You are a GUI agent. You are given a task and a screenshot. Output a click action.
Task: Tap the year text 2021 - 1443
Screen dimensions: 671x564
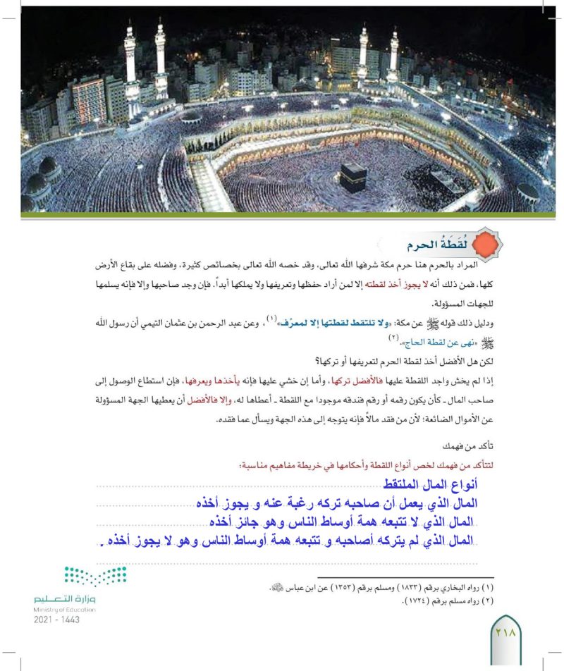pos(56,620)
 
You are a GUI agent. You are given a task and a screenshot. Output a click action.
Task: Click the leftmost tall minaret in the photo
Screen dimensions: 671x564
pos(131,67)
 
